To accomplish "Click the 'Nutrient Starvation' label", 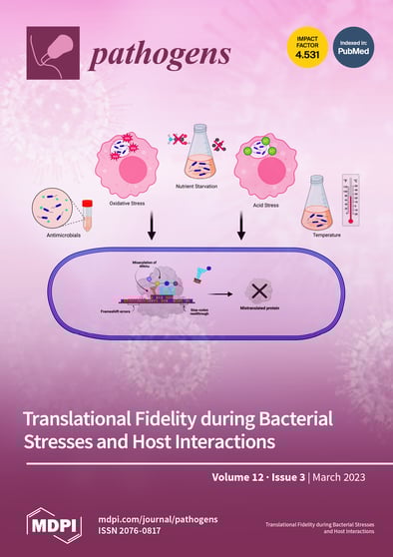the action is [197, 186].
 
